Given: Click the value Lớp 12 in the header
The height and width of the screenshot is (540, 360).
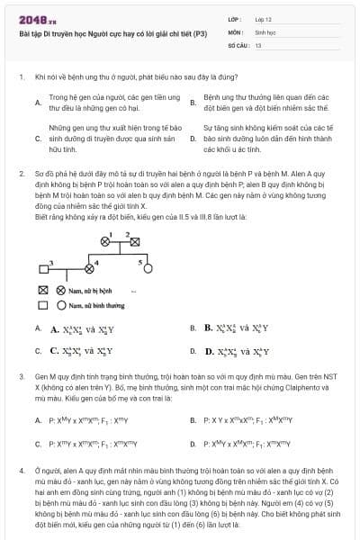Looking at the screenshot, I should tap(264, 18).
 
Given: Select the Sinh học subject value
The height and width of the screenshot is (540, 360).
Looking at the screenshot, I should tap(265, 31).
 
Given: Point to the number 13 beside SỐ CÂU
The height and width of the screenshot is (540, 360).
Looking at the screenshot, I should tap(258, 43).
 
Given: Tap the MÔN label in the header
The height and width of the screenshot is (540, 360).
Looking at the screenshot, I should tap(235, 31).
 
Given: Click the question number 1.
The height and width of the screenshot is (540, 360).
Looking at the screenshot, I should tap(21, 77).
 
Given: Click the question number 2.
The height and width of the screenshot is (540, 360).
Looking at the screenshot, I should tap(21, 172).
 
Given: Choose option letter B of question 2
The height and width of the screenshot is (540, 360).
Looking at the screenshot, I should tap(193, 328).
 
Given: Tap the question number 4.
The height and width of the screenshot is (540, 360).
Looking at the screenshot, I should tap(21, 470).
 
